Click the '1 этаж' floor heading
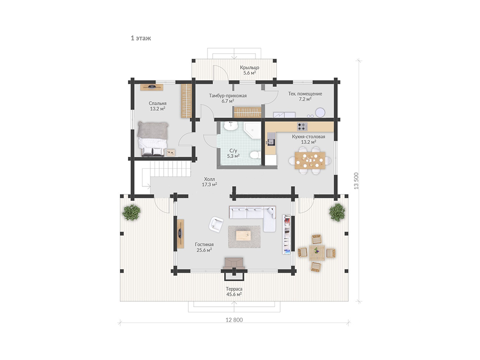click(x=141, y=38)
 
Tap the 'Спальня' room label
click(x=157, y=104)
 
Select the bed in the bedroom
click(x=153, y=139)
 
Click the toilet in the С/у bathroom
click(x=255, y=155)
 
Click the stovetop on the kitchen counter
click(x=302, y=126)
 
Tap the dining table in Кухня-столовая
click(x=310, y=160)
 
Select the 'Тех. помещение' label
click(x=305, y=94)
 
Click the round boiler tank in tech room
click(x=321, y=112)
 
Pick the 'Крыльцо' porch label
click(x=249, y=68)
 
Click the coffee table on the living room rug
click(x=244, y=236)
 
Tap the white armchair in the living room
click(x=216, y=224)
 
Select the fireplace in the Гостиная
click(x=234, y=263)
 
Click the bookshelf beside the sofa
click(x=286, y=234)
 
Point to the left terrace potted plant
click(x=132, y=212)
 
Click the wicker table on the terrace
click(x=317, y=252)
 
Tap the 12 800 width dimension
click(x=234, y=320)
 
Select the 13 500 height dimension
click(x=356, y=181)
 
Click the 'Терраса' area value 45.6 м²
click(x=234, y=294)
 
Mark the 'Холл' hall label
click(x=209, y=179)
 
